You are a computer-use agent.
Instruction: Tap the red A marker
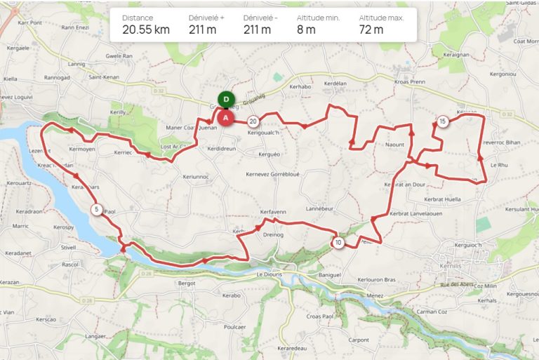[x=226, y=119]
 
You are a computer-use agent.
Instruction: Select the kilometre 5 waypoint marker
[x=95, y=209]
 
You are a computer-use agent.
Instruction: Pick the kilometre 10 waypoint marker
[x=338, y=243]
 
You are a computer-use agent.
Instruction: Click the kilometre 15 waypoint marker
[x=442, y=121]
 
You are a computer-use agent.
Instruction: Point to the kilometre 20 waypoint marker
[x=253, y=121]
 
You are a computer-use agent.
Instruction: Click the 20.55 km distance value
[x=145, y=29]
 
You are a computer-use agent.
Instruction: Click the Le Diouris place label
[x=269, y=274]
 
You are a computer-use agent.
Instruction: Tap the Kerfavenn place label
[x=274, y=211]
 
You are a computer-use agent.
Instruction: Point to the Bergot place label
[x=186, y=284]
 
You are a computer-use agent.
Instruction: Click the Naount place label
[x=395, y=144]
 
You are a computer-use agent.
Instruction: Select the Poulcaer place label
[x=234, y=327]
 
